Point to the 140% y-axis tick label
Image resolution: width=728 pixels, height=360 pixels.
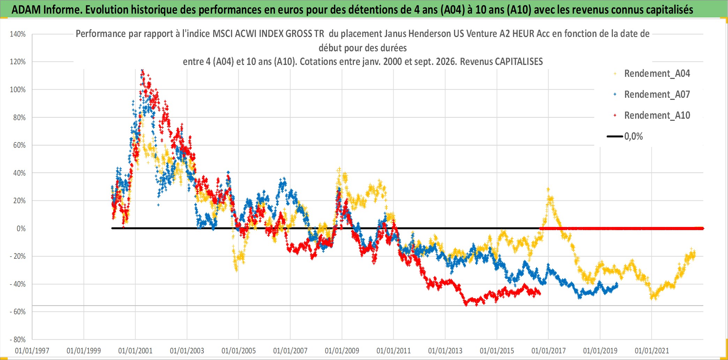tap(18, 34)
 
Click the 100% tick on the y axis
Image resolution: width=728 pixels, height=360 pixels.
tap(18, 90)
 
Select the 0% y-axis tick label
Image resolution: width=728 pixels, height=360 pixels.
tap(21, 229)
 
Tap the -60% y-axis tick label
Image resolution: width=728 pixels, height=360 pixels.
tap(18, 312)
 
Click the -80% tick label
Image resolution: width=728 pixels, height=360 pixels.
tap(18, 340)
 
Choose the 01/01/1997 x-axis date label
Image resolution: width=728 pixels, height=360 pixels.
tap(32, 351)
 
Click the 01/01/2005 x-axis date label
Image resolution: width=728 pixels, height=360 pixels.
tap(239, 351)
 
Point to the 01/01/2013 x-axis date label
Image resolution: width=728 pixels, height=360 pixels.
tap(445, 351)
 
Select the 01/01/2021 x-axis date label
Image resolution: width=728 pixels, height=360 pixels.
tap(652, 351)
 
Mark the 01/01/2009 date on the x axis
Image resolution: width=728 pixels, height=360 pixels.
tap(342, 351)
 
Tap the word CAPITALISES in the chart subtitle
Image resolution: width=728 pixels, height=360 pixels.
tap(519, 62)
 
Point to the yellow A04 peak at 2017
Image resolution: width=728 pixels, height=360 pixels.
tap(548, 189)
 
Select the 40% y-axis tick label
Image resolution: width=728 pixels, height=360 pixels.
tap(20, 173)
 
